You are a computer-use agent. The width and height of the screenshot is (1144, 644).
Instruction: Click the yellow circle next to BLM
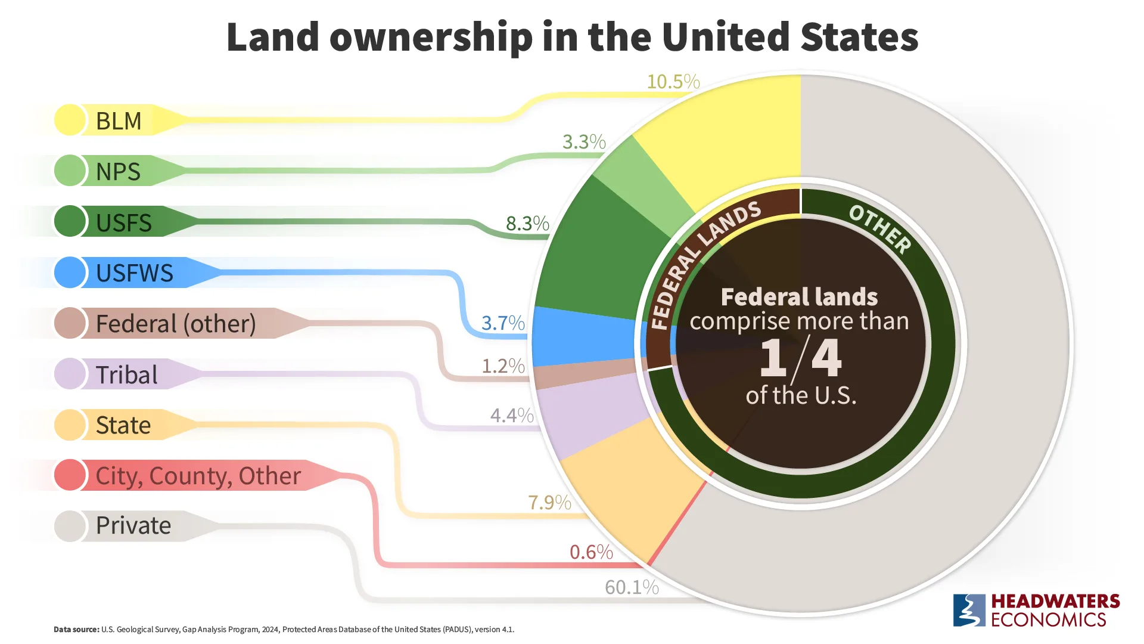click(x=70, y=120)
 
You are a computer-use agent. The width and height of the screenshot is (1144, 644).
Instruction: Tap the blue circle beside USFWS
click(x=70, y=273)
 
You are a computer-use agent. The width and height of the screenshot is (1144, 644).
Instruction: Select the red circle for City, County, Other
click(x=70, y=475)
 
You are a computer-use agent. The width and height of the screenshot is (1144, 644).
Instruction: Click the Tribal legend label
click(x=126, y=374)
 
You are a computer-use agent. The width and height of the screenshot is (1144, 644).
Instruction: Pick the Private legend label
click(x=133, y=525)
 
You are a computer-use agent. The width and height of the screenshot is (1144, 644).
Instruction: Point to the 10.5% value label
click(x=673, y=82)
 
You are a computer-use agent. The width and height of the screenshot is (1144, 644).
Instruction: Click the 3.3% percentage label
click(x=584, y=142)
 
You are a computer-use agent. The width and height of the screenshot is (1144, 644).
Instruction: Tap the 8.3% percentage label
click(x=527, y=223)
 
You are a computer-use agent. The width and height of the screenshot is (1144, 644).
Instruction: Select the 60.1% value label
click(x=632, y=587)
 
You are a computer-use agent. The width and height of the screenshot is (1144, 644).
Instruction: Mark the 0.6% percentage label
click(x=591, y=552)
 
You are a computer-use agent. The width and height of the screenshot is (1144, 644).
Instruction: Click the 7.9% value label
click(x=549, y=503)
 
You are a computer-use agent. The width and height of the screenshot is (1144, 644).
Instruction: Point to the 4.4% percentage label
click(x=512, y=415)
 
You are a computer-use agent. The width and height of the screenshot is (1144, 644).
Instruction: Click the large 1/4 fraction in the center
click(x=800, y=358)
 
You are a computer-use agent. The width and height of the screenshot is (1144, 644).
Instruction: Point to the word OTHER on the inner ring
click(x=879, y=229)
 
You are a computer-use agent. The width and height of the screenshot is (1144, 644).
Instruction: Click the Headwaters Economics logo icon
click(x=969, y=610)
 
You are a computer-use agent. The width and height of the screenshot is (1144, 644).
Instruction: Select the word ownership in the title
click(x=431, y=38)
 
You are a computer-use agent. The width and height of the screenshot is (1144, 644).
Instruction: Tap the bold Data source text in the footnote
click(x=76, y=630)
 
